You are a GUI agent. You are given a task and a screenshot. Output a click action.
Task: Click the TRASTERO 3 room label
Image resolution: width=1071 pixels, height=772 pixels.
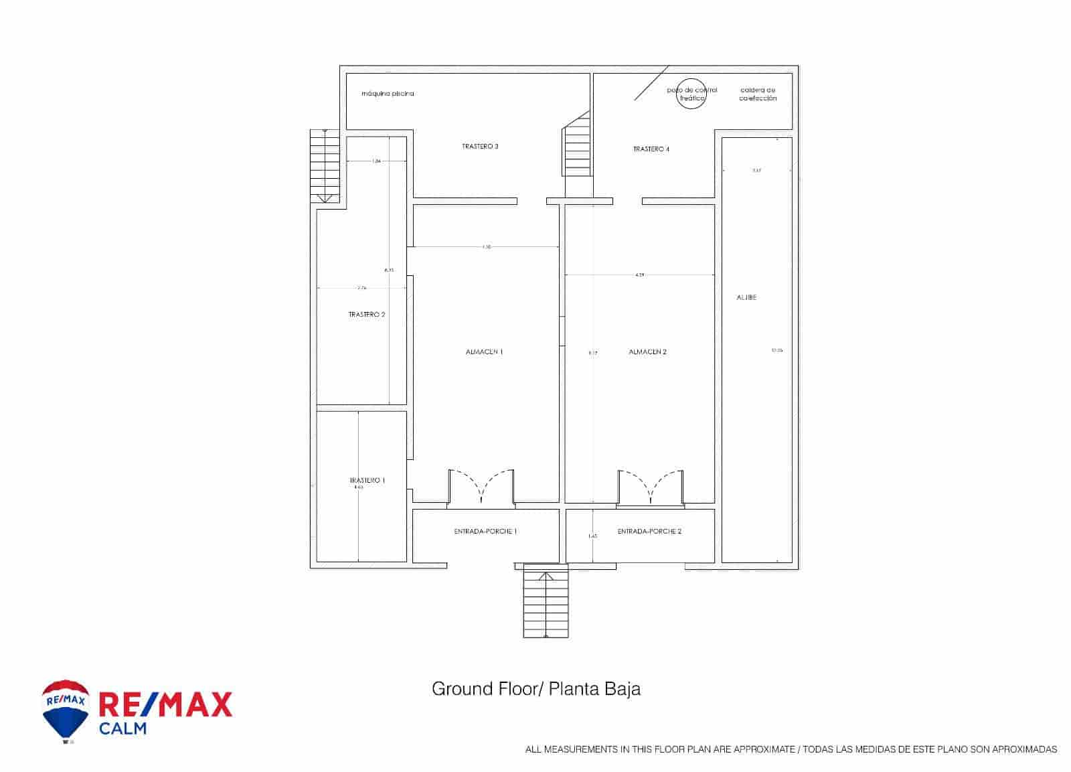pos(480,147)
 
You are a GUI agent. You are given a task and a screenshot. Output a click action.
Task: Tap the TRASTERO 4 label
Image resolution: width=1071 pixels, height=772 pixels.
pos(651,149)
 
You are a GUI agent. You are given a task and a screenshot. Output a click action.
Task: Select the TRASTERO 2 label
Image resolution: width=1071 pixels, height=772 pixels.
pos(367,314)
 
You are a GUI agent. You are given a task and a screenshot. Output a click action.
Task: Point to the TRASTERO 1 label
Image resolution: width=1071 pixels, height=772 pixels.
pos(367,480)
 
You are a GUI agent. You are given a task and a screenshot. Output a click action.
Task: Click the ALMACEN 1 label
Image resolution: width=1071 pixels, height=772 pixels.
pos(484,352)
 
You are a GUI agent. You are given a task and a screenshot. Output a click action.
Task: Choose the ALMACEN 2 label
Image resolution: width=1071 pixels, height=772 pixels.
pos(647,352)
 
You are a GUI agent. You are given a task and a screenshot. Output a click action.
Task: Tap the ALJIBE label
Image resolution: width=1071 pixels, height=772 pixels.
pos(746,297)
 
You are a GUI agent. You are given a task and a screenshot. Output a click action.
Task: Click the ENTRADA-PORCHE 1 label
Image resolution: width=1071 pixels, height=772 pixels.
pos(485,531)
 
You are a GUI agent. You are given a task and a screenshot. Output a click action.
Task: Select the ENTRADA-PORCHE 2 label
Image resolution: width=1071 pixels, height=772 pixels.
pos(649,531)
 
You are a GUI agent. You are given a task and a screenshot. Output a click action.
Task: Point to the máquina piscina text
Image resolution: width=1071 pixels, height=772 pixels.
pos(388,94)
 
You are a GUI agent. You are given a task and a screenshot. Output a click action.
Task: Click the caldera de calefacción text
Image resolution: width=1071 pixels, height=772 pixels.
pos(758,94)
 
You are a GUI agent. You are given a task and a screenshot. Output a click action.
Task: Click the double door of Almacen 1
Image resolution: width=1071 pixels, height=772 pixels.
pos(481,486)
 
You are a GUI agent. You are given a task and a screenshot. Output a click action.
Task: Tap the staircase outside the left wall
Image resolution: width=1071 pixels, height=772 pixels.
pos(325,165)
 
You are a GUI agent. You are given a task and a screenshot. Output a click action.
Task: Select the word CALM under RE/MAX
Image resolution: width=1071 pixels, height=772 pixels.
pos(122,728)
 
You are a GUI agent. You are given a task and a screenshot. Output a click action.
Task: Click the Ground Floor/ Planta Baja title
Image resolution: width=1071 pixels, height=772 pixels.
pos(535,689)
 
